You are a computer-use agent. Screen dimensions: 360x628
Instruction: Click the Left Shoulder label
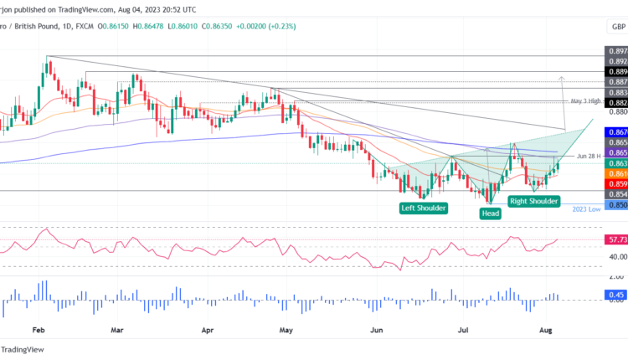(423, 208)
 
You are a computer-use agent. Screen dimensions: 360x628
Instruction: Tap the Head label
(491, 213)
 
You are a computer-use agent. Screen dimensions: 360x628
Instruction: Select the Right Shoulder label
(533, 201)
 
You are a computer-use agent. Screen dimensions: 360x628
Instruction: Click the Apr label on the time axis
(208, 331)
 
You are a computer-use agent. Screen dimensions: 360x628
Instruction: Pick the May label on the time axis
(286, 331)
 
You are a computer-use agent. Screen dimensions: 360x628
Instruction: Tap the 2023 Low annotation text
(587, 208)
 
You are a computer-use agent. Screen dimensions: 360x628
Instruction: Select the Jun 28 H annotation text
(589, 157)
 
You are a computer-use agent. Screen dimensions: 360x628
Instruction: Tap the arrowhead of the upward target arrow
(560, 78)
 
